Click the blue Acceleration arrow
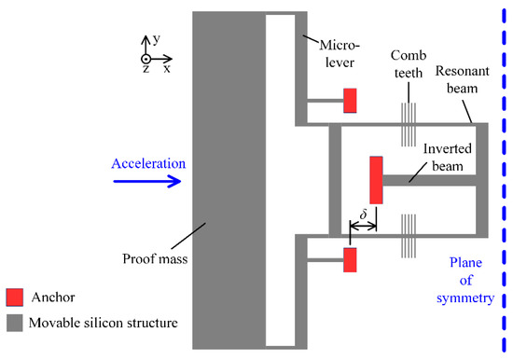tap(146, 182)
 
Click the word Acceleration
tap(149, 164)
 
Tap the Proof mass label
tap(159, 259)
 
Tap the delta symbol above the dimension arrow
tap(364, 213)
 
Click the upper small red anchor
tap(351, 100)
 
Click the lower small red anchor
tap(351, 260)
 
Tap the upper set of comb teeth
tap(408, 123)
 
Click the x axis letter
tap(167, 69)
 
